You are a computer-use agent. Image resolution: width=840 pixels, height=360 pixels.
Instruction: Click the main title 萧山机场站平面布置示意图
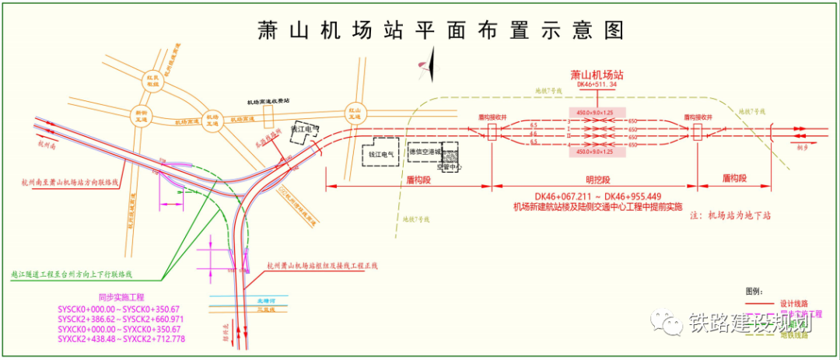click(x=441, y=30)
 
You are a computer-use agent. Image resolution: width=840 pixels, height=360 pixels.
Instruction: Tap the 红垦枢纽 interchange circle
click(x=153, y=82)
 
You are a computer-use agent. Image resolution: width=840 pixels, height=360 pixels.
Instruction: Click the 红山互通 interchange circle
click(x=355, y=114)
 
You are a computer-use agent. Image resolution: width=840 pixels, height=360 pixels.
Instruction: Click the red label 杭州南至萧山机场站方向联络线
click(x=69, y=183)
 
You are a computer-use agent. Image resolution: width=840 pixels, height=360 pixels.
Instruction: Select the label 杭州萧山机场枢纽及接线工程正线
click(x=320, y=266)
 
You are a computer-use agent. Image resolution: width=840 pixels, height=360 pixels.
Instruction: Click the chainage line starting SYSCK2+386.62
click(x=120, y=319)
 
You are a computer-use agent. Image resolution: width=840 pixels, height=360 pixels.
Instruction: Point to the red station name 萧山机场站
click(x=597, y=75)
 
